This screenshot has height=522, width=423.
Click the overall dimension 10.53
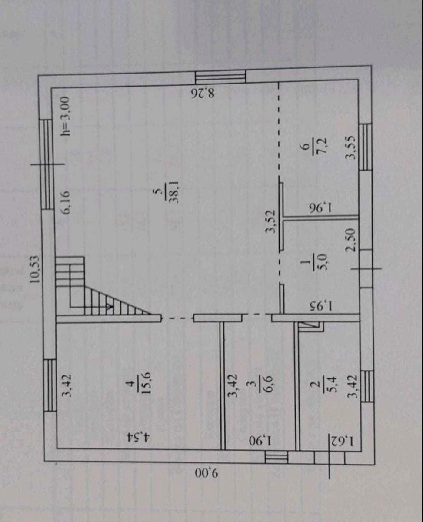tap(34, 269)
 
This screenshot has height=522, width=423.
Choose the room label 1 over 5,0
tap(312, 265)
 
